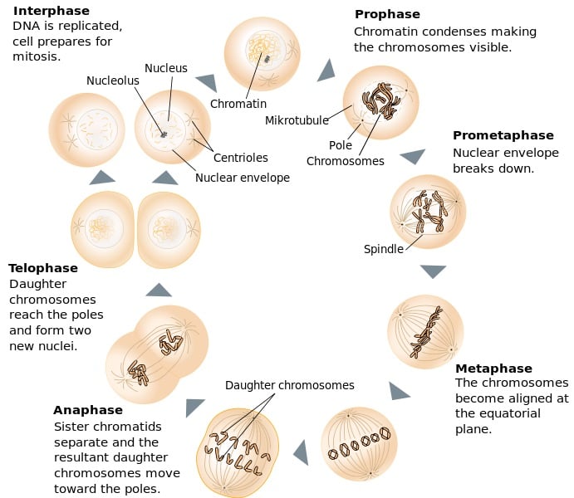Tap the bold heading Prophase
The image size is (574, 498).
coord(387,14)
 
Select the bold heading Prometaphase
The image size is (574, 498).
coord(503,135)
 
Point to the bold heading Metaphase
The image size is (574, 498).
coord(493,369)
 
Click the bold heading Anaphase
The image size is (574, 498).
coord(87,410)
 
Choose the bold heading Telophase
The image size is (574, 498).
coord(43,268)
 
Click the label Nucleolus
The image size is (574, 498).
coord(113,81)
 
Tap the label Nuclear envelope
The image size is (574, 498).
coord(243,178)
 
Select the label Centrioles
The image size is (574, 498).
coord(240,158)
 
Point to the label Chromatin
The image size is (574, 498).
coord(238,104)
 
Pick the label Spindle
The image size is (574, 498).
coord(383,249)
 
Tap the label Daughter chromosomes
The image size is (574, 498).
coord(289,385)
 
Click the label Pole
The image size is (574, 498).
coord(341,145)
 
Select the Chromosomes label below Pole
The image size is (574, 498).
coord(345,161)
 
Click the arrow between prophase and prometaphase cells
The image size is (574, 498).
coord(413,156)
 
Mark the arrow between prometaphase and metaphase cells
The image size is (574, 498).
coord(433,271)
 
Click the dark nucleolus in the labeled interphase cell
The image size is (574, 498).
coord(164,134)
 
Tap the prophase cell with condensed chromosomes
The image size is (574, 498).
coord(380,103)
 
